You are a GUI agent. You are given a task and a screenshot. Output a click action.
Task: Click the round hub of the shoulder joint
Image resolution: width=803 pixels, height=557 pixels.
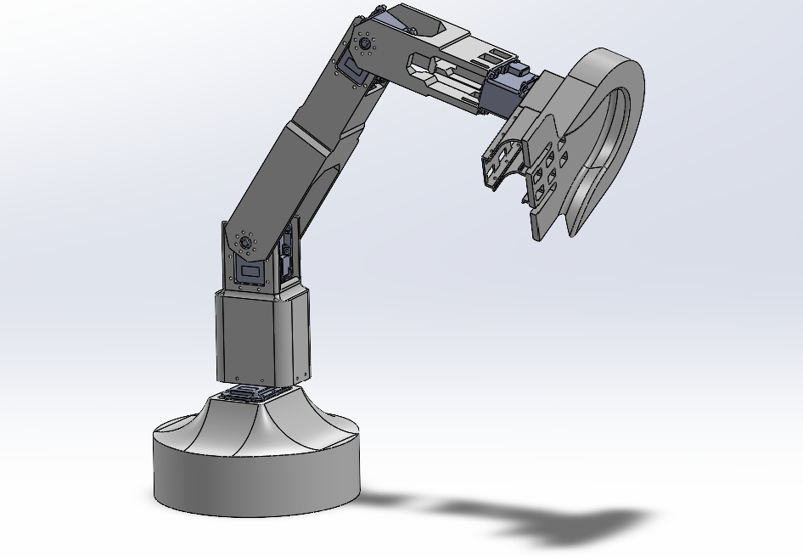point(246,242)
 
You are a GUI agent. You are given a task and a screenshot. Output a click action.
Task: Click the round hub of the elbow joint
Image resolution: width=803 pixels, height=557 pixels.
point(365,43)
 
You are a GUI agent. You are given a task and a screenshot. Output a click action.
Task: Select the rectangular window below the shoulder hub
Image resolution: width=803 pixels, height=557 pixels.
point(251,273)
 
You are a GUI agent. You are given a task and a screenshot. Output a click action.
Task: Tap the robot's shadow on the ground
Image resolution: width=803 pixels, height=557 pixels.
point(543,518)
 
